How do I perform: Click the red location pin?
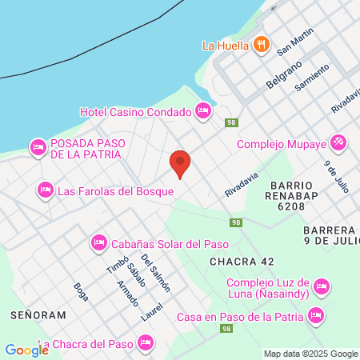click(x=180, y=162)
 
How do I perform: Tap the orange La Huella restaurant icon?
click(x=260, y=45)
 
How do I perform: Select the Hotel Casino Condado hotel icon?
click(x=203, y=111)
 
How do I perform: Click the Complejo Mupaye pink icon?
click(x=338, y=144)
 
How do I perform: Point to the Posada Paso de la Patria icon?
click(x=38, y=147)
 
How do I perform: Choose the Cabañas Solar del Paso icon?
click(x=98, y=241)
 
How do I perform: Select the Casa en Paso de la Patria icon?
click(x=317, y=315)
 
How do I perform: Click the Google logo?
click(x=26, y=350)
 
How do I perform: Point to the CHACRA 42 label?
click(x=242, y=262)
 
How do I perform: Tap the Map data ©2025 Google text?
click(x=310, y=354)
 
